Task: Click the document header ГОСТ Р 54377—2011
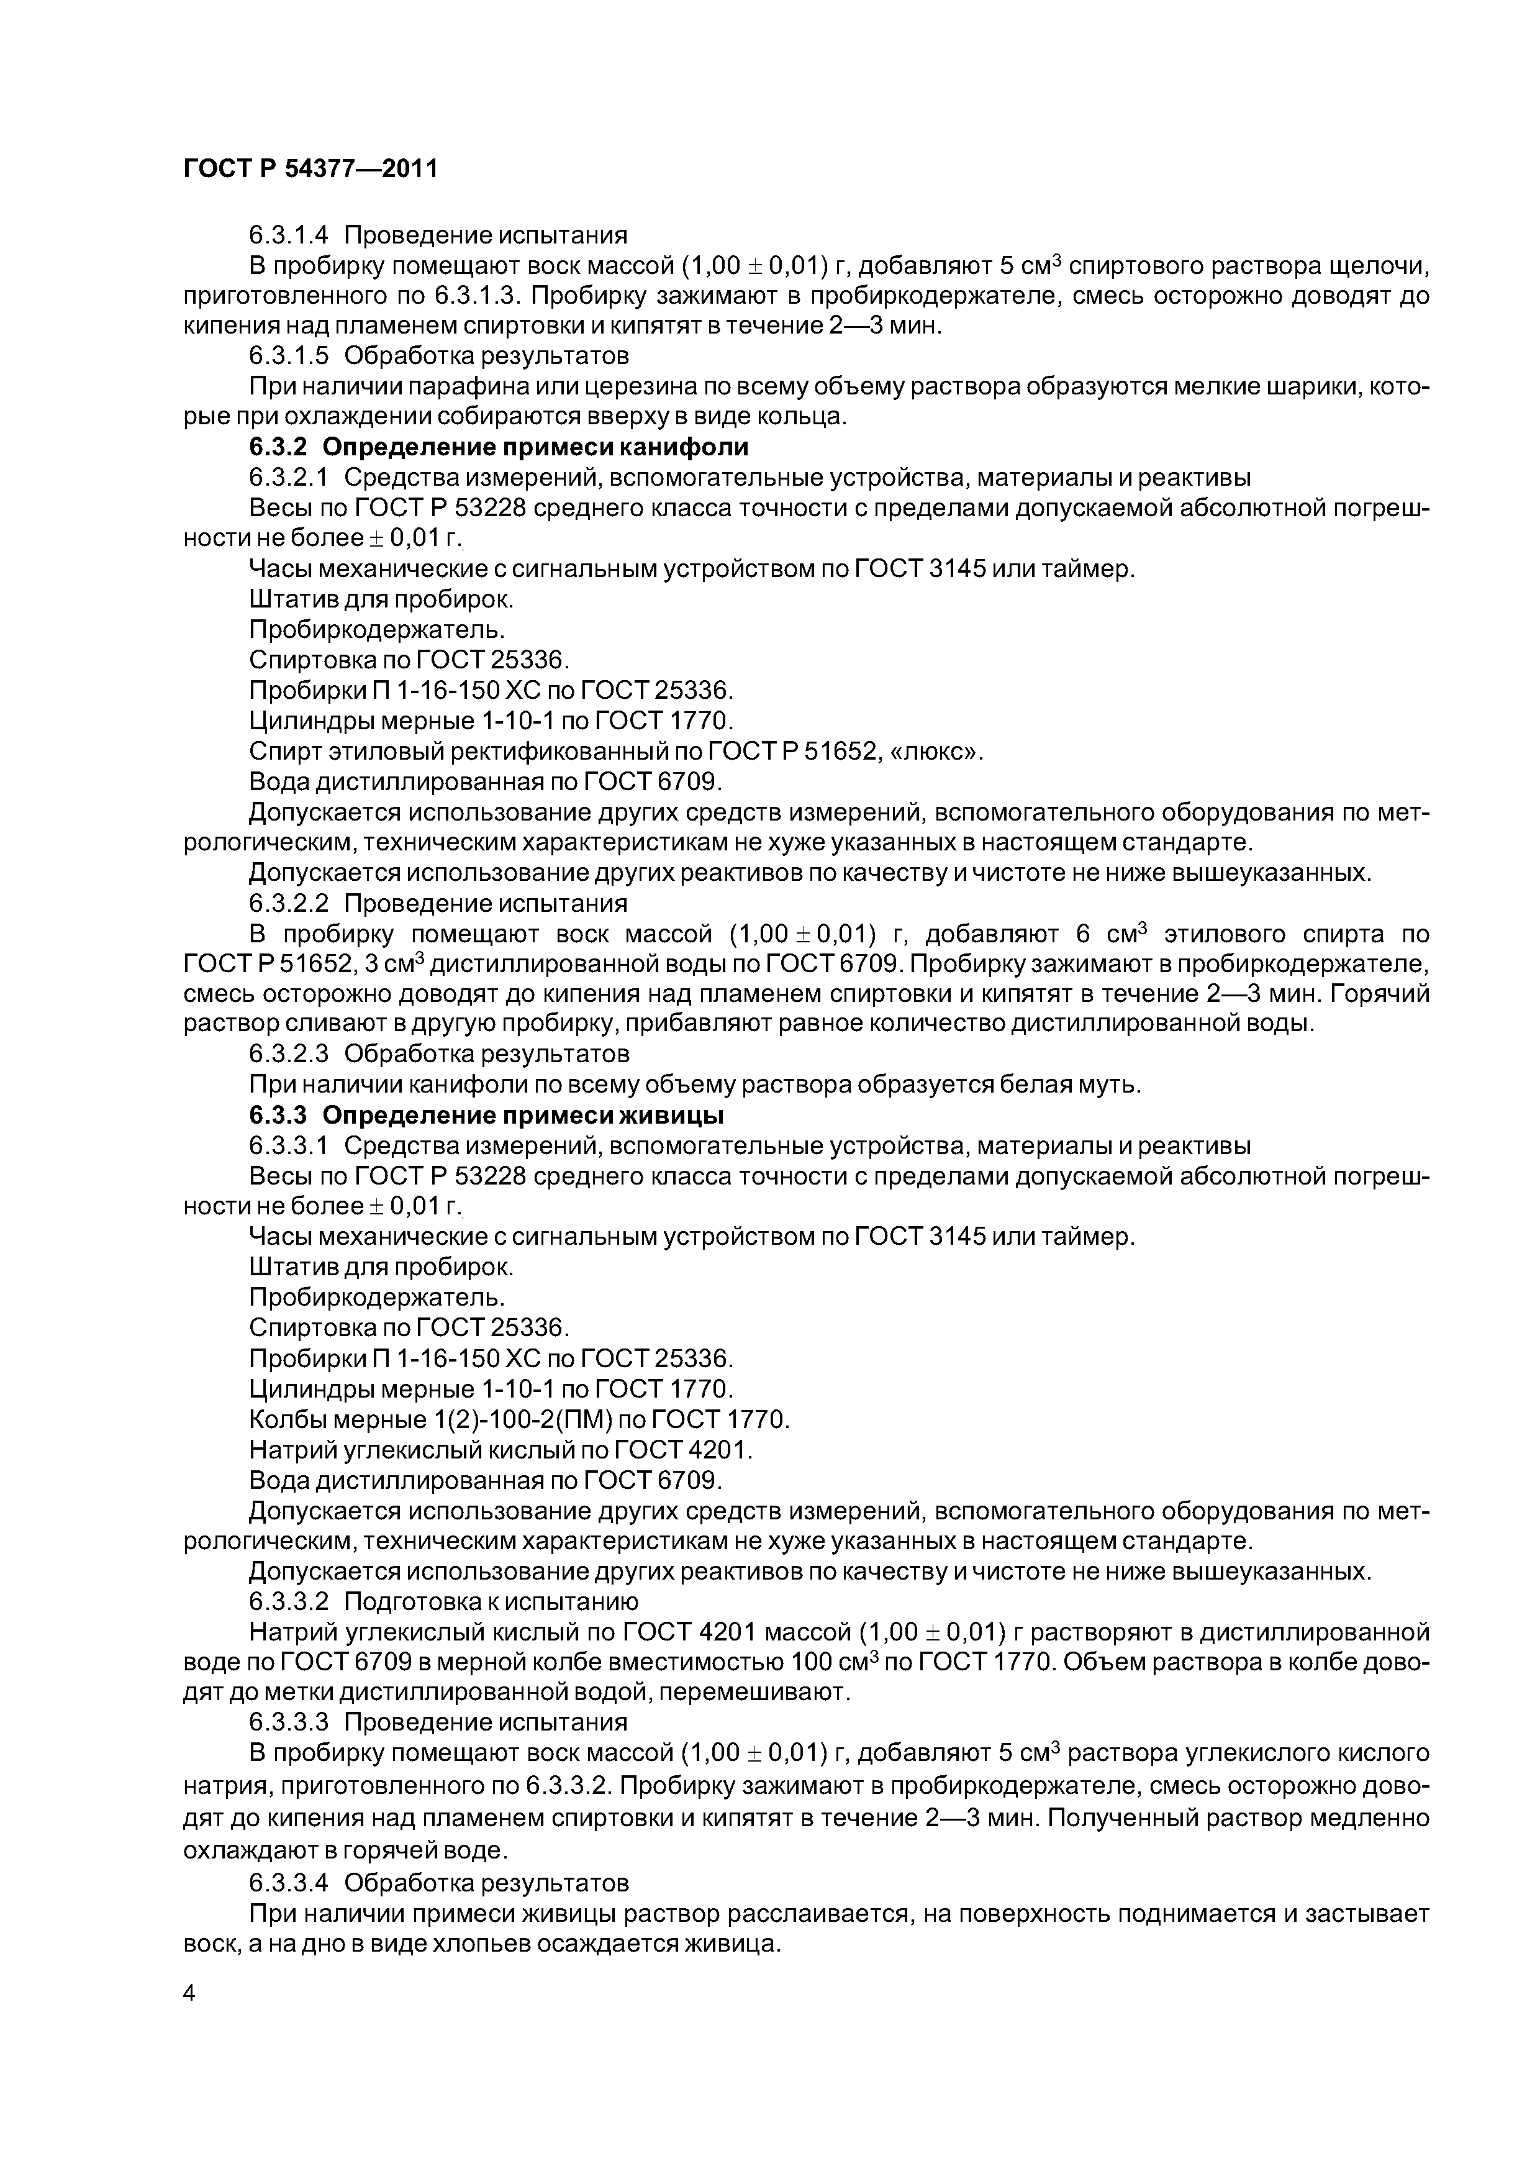click(x=310, y=169)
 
